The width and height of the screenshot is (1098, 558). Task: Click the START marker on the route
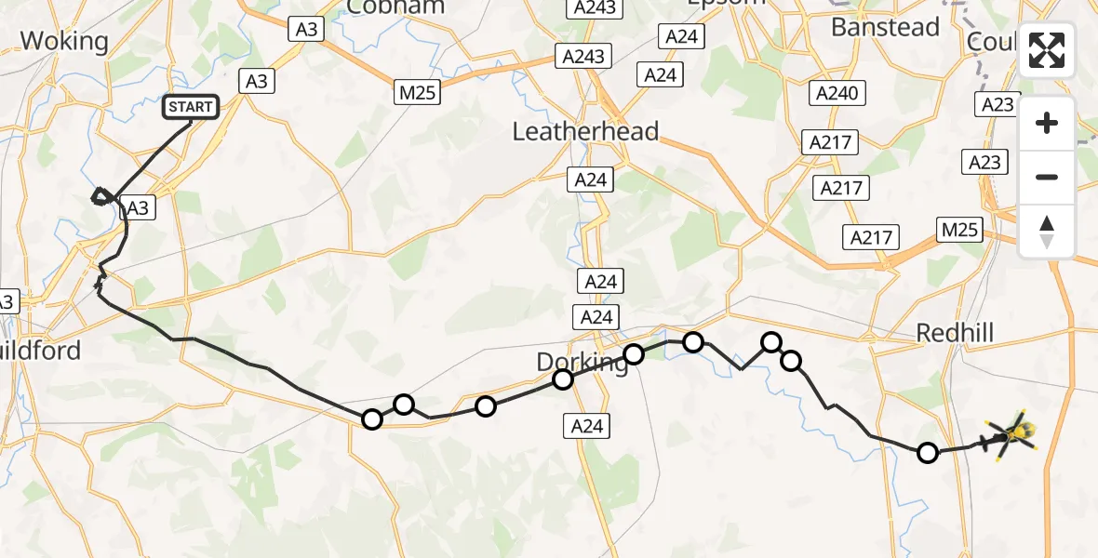tap(191, 108)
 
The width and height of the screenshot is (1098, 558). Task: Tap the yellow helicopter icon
tap(1011, 434)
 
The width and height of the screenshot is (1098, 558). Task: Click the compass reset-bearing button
tap(1047, 232)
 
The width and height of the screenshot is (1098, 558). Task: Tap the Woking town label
tap(64, 41)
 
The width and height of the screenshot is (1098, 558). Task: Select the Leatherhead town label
tap(585, 131)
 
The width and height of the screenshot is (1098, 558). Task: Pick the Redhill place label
tap(955, 332)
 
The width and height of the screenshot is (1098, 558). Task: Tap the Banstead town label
tap(885, 27)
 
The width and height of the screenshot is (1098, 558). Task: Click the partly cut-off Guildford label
tap(41, 351)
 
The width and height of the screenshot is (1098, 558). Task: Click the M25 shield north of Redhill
tap(959, 229)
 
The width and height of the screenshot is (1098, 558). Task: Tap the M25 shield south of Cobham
tap(417, 92)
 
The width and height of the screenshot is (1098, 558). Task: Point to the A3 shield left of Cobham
tap(306, 30)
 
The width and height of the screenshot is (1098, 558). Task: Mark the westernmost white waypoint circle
tap(372, 419)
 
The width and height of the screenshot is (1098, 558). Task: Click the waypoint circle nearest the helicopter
tap(928, 453)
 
